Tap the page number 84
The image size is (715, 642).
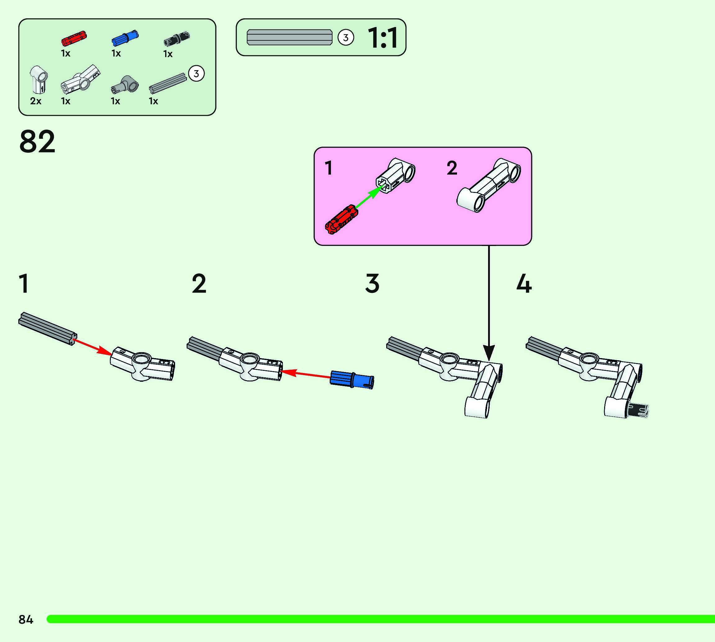coord(26,619)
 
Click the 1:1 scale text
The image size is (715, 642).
coord(382,38)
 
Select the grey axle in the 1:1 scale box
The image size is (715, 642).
coord(289,37)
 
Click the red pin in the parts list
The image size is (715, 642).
coord(74,38)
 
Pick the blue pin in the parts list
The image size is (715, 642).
coord(125,38)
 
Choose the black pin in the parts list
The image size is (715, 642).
coord(177,39)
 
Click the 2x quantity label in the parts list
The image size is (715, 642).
coord(36,101)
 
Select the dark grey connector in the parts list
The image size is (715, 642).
coord(125,84)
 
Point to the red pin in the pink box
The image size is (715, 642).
coord(341,219)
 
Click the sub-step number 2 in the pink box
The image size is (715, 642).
coord(452,168)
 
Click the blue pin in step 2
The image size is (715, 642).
coord(352,380)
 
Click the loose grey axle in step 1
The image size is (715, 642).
coord(47,328)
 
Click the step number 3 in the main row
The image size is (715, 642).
coord(372,284)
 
